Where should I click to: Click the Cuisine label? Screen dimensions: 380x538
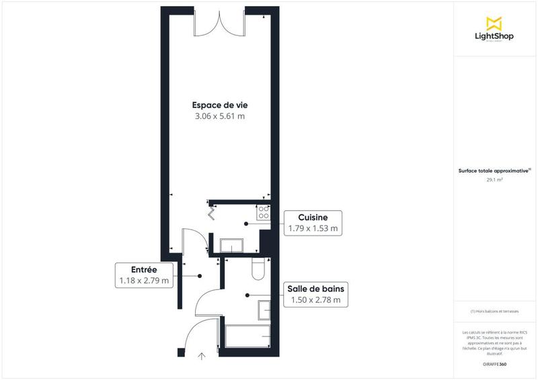[x=312, y=218]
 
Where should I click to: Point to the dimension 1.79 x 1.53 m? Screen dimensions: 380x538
[x=312, y=228]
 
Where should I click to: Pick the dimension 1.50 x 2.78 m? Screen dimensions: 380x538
[x=316, y=300]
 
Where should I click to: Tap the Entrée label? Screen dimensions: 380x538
[x=144, y=269]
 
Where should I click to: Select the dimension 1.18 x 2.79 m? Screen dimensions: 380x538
[x=144, y=281]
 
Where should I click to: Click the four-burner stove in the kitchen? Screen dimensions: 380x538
[x=263, y=212]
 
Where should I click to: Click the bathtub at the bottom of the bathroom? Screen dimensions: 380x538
[x=247, y=334]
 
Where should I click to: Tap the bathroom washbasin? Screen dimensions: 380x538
[x=265, y=310]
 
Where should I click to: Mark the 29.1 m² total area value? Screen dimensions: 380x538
[x=494, y=180]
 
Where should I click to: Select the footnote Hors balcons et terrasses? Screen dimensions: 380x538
[x=494, y=312]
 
